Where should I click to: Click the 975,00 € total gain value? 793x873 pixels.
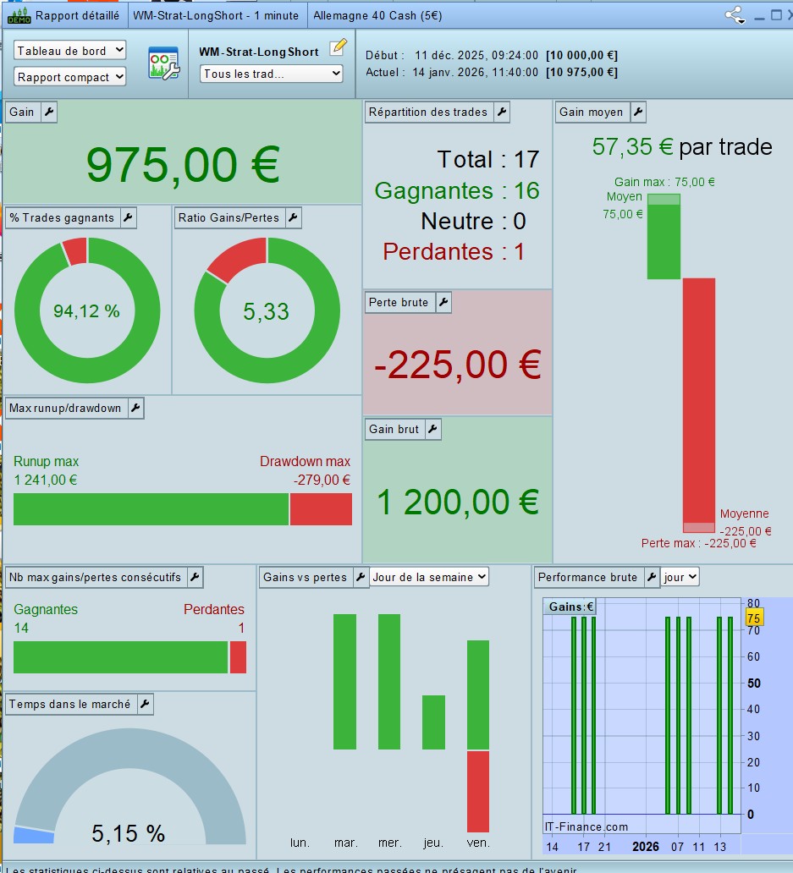click(183, 164)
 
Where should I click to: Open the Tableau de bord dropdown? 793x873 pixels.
click(69, 51)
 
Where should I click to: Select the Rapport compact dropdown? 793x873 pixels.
click(69, 77)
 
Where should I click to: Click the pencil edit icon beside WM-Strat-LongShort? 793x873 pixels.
click(339, 47)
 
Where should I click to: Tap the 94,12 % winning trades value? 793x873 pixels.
click(86, 311)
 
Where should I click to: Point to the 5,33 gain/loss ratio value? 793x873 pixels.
click(266, 311)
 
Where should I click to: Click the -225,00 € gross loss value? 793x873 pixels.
click(457, 365)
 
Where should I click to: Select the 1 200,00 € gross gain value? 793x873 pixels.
click(457, 502)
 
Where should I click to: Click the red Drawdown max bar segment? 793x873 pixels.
click(321, 509)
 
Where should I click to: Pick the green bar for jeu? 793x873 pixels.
click(433, 722)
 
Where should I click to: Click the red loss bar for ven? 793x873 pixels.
click(478, 791)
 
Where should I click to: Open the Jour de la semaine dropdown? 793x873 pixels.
click(430, 577)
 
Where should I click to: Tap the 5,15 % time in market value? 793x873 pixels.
click(128, 833)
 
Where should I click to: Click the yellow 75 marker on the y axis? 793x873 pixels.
click(753, 618)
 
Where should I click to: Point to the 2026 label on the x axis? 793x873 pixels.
click(645, 847)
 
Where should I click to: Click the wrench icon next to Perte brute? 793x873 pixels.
click(443, 302)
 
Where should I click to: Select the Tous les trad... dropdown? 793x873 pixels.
click(272, 74)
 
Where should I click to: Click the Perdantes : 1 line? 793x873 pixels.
click(454, 251)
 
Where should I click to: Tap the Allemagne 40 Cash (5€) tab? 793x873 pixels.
click(377, 15)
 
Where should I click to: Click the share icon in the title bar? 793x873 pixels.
click(734, 14)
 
